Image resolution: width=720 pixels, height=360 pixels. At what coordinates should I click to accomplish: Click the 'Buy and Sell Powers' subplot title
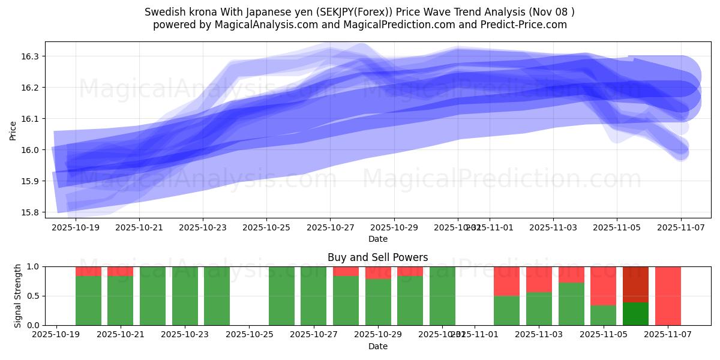coord(377,257)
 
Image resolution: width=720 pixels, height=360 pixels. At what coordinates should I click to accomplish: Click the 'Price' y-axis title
coord(13,130)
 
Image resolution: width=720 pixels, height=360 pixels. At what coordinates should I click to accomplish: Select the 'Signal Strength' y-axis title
coord(18,295)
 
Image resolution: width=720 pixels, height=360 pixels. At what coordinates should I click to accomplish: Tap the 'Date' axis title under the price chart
coord(377,239)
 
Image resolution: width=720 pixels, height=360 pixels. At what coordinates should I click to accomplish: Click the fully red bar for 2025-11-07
coord(668,296)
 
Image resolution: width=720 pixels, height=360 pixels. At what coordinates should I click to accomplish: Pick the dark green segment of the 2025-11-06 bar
coord(635,314)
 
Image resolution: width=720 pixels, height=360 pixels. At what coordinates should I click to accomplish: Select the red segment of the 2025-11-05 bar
coord(603,286)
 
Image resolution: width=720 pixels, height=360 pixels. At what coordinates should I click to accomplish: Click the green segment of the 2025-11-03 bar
coord(539,308)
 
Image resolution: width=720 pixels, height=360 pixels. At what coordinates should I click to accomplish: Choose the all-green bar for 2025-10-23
coord(185,296)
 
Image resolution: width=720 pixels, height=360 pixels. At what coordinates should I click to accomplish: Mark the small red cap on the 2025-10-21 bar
coord(120,271)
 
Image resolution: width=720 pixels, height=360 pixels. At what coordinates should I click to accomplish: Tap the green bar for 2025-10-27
coord(313,296)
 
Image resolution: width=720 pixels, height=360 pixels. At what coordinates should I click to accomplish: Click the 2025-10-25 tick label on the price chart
coord(266,228)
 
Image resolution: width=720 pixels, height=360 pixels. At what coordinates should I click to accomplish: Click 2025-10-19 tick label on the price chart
coord(76,228)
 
